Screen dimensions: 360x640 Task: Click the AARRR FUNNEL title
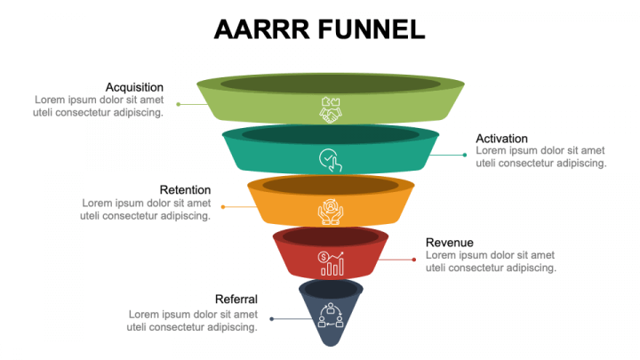click(319, 29)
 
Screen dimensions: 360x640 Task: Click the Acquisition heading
click(134, 87)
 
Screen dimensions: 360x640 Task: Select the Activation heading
click(501, 139)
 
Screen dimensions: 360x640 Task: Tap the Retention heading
click(185, 189)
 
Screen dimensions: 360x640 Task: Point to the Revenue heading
click(449, 243)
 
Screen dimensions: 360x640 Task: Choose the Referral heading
click(236, 299)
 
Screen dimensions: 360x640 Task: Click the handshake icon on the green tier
click(330, 109)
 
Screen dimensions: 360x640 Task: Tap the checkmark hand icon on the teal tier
click(330, 160)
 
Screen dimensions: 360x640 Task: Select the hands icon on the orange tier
click(330, 211)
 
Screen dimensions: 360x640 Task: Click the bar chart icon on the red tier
click(331, 262)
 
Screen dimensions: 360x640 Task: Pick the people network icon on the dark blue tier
click(331, 316)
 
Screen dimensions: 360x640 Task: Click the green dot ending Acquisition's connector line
click(179, 104)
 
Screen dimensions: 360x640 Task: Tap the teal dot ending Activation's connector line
click(465, 155)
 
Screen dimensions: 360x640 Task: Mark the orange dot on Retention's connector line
click(223, 206)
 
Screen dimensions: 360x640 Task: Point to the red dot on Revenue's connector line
click(414, 260)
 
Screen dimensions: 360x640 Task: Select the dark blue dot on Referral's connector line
click(272, 318)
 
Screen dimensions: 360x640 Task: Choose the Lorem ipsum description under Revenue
click(491, 261)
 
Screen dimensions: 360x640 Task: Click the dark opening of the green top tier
click(330, 84)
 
